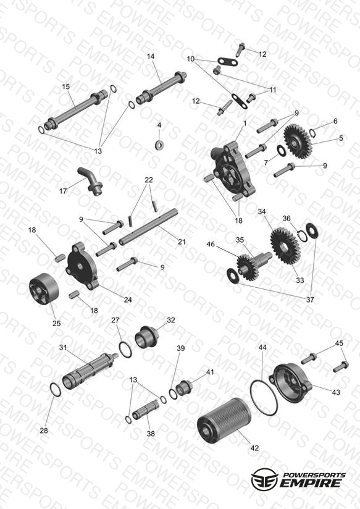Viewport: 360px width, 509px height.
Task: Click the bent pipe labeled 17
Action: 91,182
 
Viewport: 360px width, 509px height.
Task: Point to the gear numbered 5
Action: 298,141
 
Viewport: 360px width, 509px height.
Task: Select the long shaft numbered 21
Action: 148,227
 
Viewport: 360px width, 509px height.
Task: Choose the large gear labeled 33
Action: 285,245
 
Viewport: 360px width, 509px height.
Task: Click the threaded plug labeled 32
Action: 146,338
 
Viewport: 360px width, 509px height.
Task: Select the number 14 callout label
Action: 151,56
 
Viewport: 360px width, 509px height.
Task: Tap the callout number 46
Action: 211,243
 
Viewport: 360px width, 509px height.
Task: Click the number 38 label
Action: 151,434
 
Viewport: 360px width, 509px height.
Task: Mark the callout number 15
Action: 66,86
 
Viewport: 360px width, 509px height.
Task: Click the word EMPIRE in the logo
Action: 311,482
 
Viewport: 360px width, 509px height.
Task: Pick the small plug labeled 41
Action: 184,387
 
